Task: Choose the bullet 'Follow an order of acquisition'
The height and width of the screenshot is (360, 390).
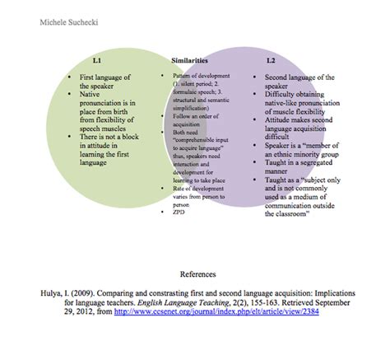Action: tap(190, 116)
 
